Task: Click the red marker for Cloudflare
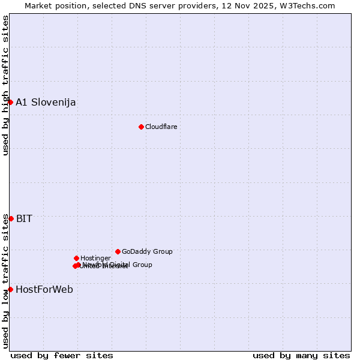(141, 127)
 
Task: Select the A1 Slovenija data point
(10, 102)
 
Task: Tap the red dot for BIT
(11, 218)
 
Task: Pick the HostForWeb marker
(10, 289)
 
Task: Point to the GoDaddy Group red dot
(118, 251)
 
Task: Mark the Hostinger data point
(76, 258)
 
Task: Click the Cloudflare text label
(161, 127)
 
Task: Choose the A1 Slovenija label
(46, 102)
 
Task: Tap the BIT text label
(24, 218)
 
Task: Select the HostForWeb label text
(44, 289)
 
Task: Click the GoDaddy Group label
(147, 251)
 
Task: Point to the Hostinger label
(95, 258)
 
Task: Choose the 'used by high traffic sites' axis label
(5, 85)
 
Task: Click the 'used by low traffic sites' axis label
(5, 281)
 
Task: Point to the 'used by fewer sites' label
(62, 355)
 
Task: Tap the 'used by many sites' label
(301, 355)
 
